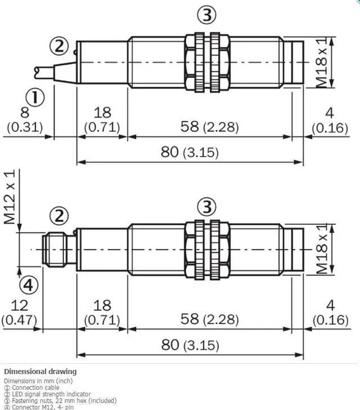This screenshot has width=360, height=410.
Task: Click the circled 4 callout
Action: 30,286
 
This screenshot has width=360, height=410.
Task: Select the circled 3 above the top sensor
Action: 208,15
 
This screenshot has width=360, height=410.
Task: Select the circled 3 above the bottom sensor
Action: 208,207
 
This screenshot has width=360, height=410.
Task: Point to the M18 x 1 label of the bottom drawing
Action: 322,248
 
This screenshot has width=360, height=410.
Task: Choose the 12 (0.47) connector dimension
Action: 19,313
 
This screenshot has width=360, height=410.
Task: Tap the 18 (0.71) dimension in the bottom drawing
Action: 102,313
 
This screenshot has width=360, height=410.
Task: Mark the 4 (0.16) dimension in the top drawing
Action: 330,120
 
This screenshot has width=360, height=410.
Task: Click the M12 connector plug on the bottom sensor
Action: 58,247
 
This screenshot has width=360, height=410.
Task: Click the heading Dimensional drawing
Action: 40,372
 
